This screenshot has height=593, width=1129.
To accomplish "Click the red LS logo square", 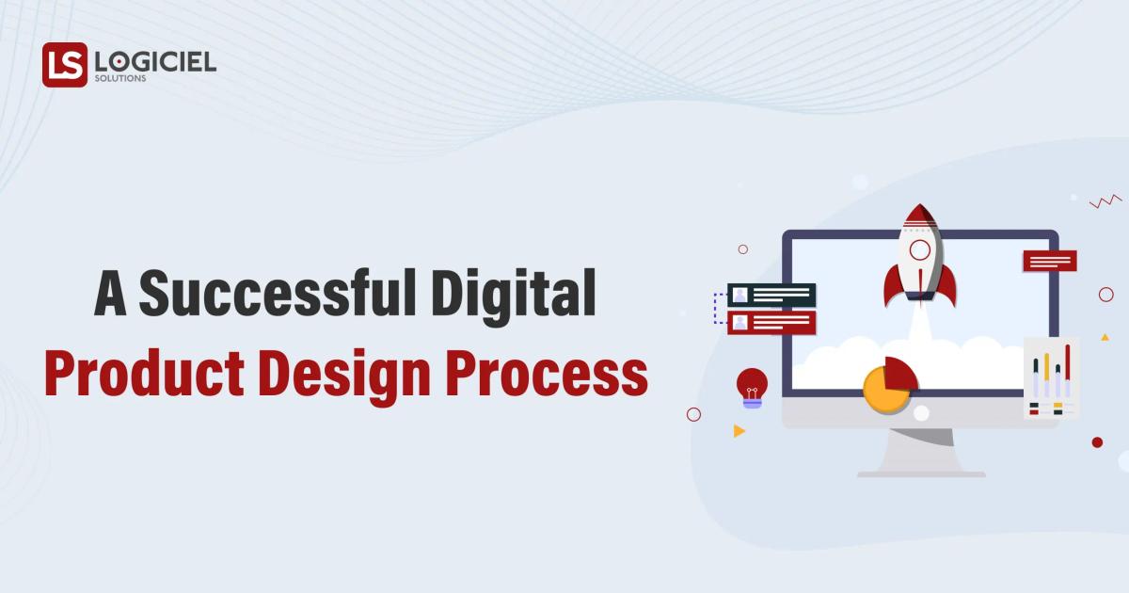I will point(64,65).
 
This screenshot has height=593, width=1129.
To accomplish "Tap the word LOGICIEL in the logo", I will point(155,62).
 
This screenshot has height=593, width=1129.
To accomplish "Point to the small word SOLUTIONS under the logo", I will point(120,79).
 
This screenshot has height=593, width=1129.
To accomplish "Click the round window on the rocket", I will point(920,249).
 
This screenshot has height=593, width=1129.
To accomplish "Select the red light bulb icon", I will point(752,383).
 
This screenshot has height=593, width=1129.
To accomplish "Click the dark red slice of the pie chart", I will point(899,373).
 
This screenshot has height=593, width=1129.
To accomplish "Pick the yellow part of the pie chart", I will point(883,393).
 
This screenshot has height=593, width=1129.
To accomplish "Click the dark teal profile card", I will point(771,295).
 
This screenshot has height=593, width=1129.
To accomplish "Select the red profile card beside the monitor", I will point(771,323).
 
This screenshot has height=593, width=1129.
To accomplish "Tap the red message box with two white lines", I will point(1050,261).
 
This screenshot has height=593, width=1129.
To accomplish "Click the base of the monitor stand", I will point(921,473).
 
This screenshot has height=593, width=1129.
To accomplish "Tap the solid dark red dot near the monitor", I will point(1097,442).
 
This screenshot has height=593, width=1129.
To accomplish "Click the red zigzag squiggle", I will point(1105,200).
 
